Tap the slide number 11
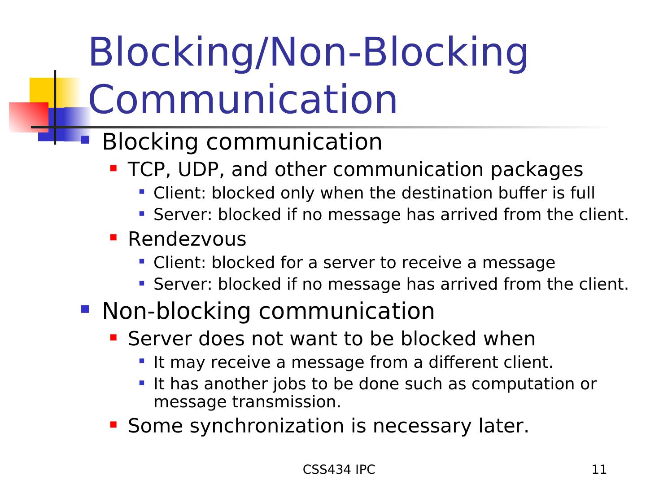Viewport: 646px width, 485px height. point(599,470)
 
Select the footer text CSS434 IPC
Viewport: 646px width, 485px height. point(339,470)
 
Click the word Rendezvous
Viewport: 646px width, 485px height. point(187,239)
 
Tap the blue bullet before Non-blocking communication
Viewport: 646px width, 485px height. point(85,309)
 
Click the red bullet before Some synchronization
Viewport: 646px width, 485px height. point(113,423)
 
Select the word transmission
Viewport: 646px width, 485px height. point(286,402)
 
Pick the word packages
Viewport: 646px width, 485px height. point(536,170)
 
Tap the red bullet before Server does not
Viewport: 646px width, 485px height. point(113,336)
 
